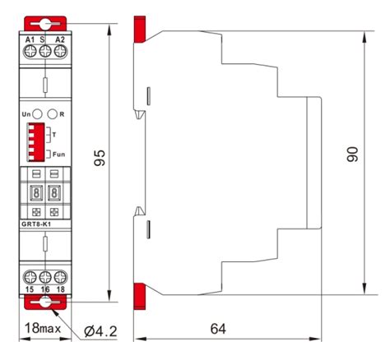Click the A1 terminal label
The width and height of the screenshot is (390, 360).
pyautogui.click(x=30, y=39)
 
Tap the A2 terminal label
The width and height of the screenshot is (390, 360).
pyautogui.click(x=59, y=39)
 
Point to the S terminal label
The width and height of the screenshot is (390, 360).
pyautogui.click(x=43, y=39)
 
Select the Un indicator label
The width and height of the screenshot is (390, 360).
pyautogui.click(x=26, y=114)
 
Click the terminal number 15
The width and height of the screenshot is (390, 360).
pyautogui.click(x=29, y=289)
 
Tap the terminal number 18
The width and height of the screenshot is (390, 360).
pyautogui.click(x=58, y=289)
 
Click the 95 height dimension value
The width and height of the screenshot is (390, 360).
pyautogui.click(x=99, y=158)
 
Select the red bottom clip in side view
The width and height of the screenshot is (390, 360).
pyautogui.click(x=139, y=294)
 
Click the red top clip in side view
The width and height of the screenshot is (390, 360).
pyautogui.click(x=141, y=30)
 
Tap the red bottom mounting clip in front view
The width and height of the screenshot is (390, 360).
pyautogui.click(x=44, y=305)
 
